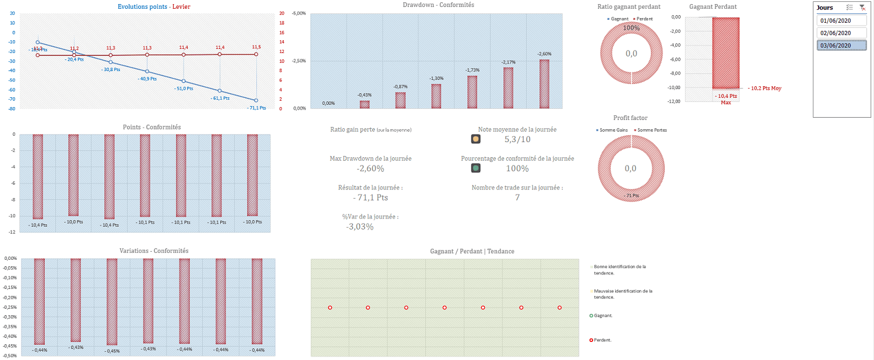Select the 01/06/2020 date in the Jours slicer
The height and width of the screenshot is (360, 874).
tap(836, 20)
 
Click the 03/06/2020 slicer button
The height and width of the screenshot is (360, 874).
tap(836, 45)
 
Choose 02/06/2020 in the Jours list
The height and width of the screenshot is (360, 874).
tap(836, 33)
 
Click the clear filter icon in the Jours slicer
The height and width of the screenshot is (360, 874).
tap(862, 8)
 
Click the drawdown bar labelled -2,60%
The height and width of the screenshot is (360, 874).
tap(544, 84)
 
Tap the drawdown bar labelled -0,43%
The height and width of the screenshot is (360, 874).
tap(364, 104)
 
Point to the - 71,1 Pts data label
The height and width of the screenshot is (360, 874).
tap(256, 108)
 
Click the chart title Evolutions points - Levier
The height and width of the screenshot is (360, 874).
tap(154, 6)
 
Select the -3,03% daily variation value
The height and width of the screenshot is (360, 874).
tap(360, 227)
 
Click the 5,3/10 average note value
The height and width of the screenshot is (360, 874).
tap(517, 139)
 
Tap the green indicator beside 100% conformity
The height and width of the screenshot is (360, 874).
tap(475, 168)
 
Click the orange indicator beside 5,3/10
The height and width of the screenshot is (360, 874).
tap(475, 139)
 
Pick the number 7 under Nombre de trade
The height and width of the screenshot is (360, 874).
tap(517, 197)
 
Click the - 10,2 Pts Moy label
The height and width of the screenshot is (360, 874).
tap(764, 89)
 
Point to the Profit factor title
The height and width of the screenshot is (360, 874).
tap(630, 118)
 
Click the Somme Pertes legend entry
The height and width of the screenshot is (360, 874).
tap(652, 130)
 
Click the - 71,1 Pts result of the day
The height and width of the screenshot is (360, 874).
tap(370, 197)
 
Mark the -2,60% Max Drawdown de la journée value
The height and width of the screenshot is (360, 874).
tap(371, 168)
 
